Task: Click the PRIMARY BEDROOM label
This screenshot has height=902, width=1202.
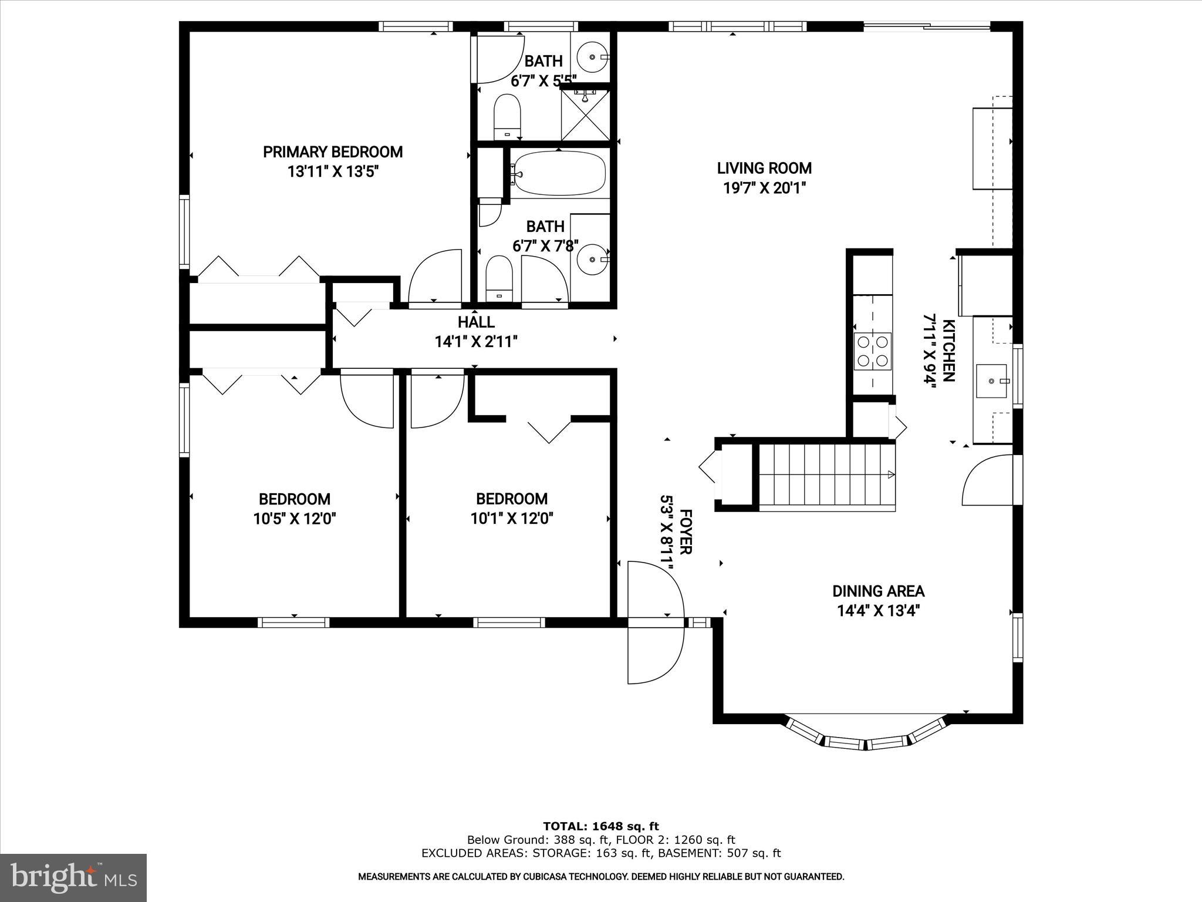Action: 332,152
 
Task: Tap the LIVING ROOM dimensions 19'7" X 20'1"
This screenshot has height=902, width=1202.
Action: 764,189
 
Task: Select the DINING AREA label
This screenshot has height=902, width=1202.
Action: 878,591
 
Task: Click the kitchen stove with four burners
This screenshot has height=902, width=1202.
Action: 872,351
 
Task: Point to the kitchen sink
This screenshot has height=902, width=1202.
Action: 992,381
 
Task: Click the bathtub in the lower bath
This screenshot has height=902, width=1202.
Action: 558,173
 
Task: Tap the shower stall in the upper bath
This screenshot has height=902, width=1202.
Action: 585,115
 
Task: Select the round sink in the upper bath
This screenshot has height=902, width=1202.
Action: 592,57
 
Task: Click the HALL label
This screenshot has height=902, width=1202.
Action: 476,322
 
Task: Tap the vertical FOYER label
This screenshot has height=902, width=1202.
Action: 685,532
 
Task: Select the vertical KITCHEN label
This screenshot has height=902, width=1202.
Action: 948,351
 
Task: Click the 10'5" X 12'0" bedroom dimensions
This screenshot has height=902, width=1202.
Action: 295,519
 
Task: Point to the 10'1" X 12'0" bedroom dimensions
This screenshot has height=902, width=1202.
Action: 512,519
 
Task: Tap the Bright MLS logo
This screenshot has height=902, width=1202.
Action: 73,877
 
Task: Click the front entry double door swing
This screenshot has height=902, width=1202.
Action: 655,622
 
